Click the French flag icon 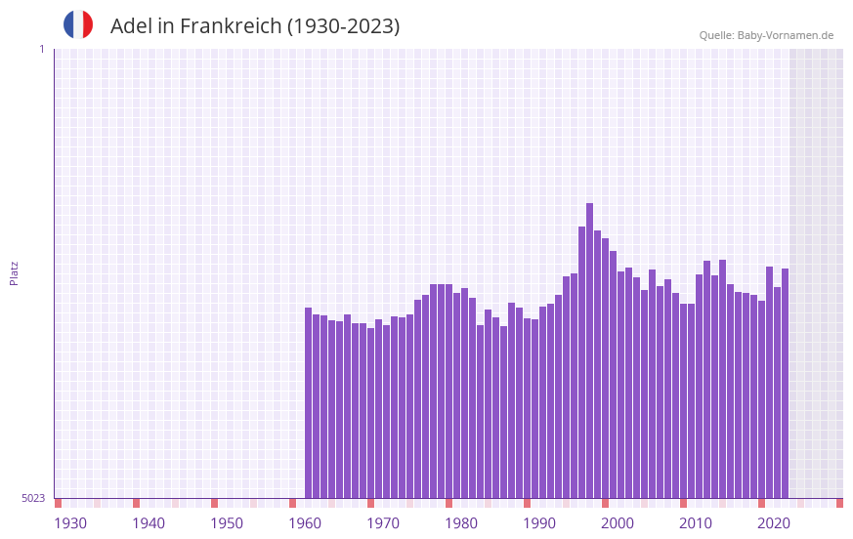point(78,25)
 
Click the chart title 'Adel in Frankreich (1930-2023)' point(255,26)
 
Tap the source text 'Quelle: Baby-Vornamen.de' point(766,35)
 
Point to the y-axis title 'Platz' point(14,272)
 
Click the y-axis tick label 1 point(41,49)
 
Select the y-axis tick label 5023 point(33,498)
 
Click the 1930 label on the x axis point(70,523)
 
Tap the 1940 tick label point(149,523)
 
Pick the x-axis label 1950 point(227,523)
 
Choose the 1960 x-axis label point(305,523)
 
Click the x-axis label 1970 point(383,523)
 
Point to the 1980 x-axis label point(461,523)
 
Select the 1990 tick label point(539,523)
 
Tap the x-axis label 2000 point(618,523)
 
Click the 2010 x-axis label point(696,523)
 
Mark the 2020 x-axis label point(774,523)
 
